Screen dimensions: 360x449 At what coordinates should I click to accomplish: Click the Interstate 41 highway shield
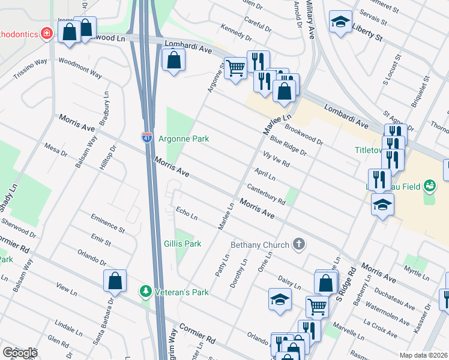[x=147, y=137]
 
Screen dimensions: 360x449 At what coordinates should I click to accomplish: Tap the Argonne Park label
[x=184, y=139]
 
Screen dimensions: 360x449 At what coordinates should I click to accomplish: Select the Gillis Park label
[x=182, y=244]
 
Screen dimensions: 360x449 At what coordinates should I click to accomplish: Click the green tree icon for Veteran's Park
[x=145, y=292]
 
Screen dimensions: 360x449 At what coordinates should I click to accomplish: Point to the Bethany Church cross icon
[x=298, y=244]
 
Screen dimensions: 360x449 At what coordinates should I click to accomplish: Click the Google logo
[x=19, y=352]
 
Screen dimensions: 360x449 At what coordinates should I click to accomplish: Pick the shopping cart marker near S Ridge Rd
[x=316, y=307]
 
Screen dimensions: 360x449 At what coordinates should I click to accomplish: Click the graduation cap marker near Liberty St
[x=340, y=23]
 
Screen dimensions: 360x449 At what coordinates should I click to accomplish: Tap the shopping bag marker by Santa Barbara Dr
[x=115, y=281]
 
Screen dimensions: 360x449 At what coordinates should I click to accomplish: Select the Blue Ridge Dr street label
[x=288, y=146]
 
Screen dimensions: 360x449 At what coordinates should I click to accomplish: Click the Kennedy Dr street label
[x=236, y=32]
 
